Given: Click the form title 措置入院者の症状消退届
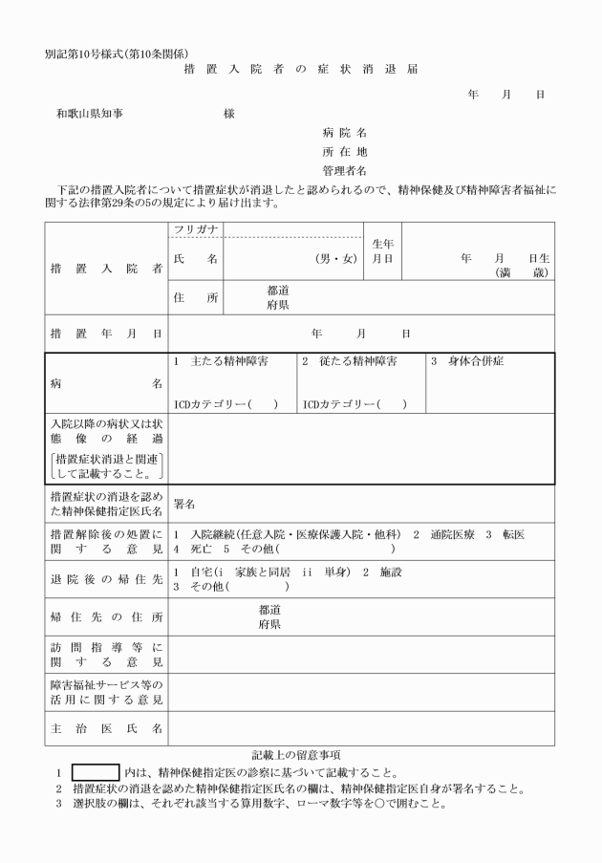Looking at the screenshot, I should (x=301, y=69).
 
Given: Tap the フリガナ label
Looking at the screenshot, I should (x=197, y=230).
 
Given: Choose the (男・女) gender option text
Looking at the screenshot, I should (x=335, y=259).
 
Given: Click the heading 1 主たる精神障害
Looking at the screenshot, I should (x=222, y=362).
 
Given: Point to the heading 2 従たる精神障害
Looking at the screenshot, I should (x=349, y=362).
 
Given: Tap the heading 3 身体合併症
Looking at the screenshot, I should (x=467, y=362).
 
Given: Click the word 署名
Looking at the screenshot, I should (x=184, y=504).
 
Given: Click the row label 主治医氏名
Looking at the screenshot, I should (x=106, y=728).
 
